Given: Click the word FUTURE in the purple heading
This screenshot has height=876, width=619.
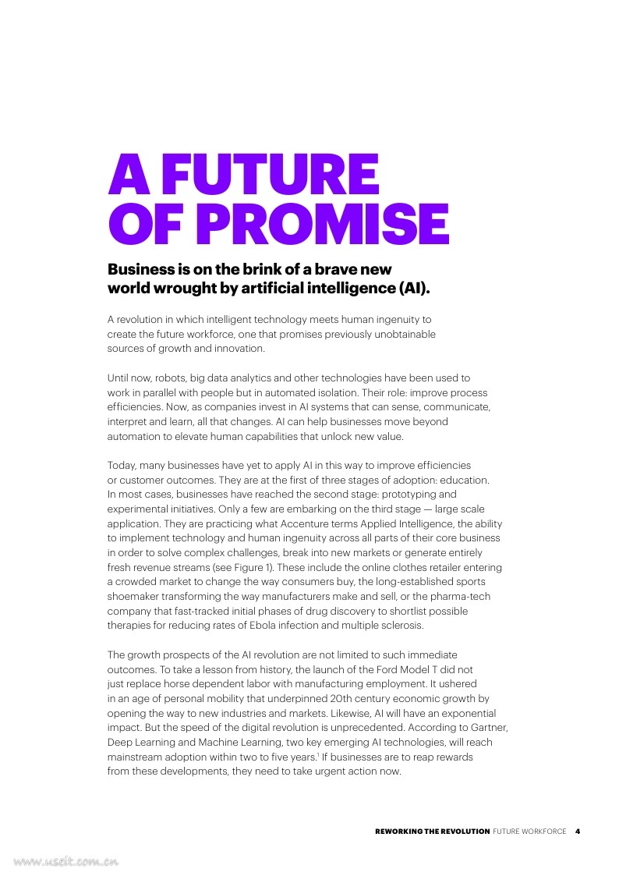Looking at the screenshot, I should tap(273, 176).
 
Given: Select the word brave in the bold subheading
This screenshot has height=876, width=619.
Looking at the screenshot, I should tap(327, 270).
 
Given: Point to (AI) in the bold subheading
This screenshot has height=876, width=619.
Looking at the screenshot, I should tap(413, 289).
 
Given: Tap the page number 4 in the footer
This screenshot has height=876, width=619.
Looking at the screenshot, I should tap(578, 832).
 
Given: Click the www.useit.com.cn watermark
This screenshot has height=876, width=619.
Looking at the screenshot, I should tap(65, 862).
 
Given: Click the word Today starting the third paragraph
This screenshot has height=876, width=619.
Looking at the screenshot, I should tap(122, 465).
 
